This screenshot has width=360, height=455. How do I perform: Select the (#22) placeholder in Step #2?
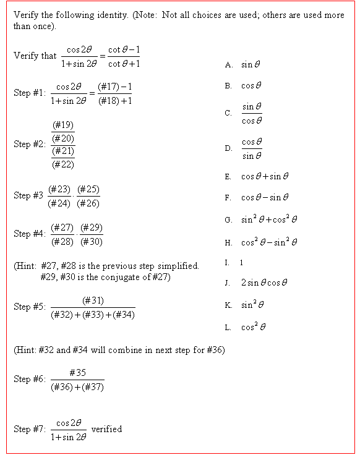(x=63, y=164)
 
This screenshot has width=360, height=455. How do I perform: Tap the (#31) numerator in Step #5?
(x=93, y=300)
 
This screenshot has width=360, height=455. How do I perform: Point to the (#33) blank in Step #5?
(x=93, y=314)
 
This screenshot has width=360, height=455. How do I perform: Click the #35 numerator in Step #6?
(x=77, y=373)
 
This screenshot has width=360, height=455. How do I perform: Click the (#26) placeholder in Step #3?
(x=89, y=203)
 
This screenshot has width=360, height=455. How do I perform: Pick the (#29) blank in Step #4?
(x=92, y=228)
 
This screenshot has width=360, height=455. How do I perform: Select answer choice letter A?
(x=229, y=64)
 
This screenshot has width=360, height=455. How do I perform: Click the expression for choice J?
(x=264, y=283)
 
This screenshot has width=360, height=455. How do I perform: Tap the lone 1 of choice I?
(x=242, y=263)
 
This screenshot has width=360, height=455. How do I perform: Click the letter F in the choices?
(x=228, y=198)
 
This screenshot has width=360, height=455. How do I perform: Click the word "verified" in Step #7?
(x=106, y=429)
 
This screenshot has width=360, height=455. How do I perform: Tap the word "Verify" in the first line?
(x=24, y=14)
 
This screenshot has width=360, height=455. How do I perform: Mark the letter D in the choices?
(x=229, y=148)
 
